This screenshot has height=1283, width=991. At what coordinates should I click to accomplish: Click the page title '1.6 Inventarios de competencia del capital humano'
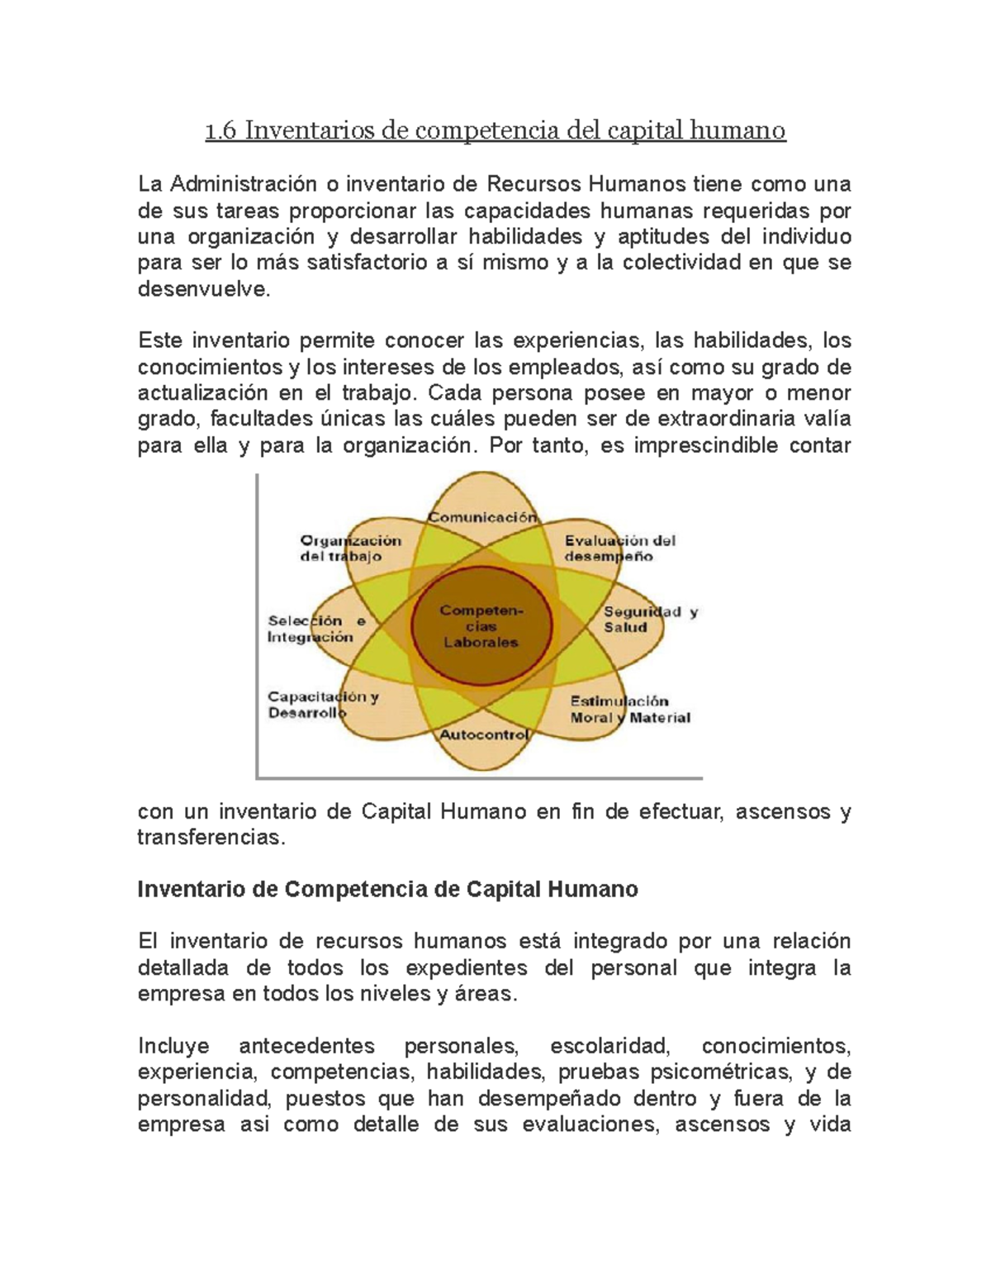pyautogui.click(x=495, y=131)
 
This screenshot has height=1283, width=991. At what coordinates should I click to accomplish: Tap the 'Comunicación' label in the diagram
pyautogui.click(x=481, y=517)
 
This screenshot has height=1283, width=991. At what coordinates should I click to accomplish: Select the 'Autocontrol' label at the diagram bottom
pyautogui.click(x=483, y=734)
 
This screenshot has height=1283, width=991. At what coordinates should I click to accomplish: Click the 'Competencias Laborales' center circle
pyautogui.click(x=481, y=626)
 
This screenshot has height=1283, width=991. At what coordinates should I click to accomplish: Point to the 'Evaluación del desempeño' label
pyautogui.click(x=619, y=549)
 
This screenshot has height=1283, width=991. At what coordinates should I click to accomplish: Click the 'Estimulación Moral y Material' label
pyautogui.click(x=629, y=710)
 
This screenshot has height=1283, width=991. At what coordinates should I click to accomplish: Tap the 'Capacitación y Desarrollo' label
pyautogui.click(x=322, y=705)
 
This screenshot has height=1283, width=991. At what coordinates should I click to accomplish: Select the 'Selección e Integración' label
pyautogui.click(x=316, y=629)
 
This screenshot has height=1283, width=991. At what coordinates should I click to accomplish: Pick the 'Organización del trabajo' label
pyautogui.click(x=350, y=549)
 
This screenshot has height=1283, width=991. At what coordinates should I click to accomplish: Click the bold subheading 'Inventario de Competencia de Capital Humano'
pyautogui.click(x=387, y=890)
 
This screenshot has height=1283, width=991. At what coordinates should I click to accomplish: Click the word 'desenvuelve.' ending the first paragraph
pyautogui.click(x=203, y=290)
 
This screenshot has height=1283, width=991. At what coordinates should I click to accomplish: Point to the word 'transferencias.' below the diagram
pyautogui.click(x=211, y=838)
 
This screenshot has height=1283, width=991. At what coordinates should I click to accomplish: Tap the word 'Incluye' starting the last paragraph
pyautogui.click(x=173, y=1046)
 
